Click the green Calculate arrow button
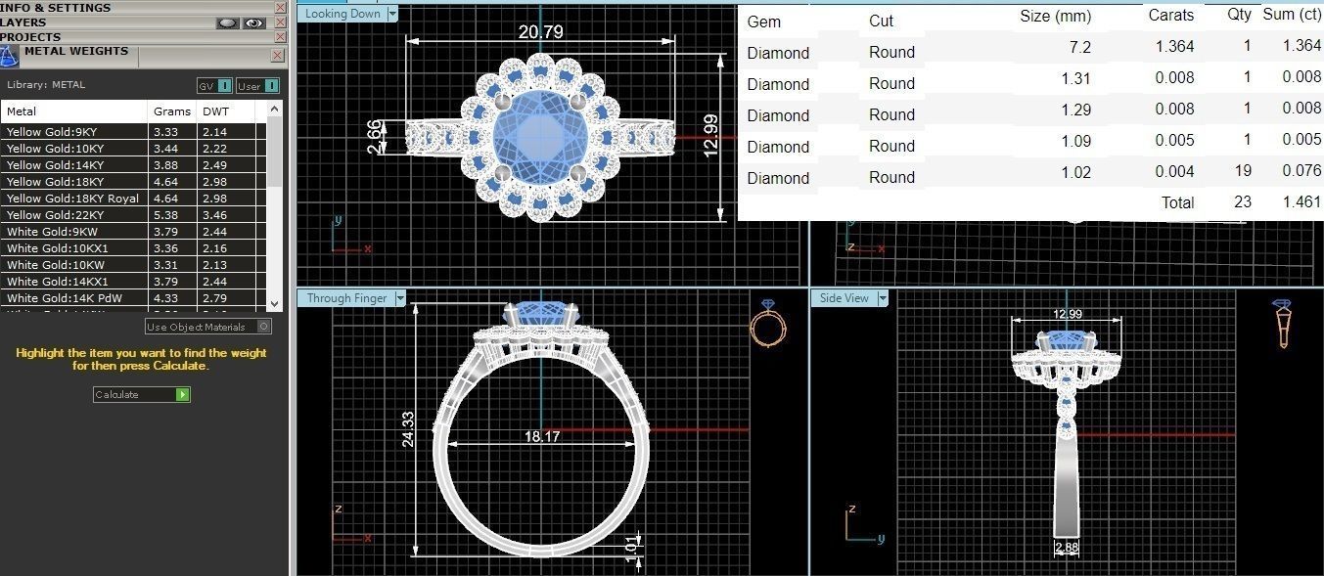click(182, 394)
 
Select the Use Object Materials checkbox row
click(207, 327)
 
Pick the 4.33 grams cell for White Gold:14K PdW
click(165, 298)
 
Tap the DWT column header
click(215, 111)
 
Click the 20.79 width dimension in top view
click(540, 32)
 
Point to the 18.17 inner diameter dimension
click(541, 436)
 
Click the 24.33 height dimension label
click(408, 428)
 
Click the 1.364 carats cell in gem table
click(1174, 47)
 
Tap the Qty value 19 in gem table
click(1242, 171)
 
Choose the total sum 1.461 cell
click(1301, 202)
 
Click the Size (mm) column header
click(1055, 17)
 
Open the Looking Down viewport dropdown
click(392, 14)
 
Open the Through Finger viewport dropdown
click(399, 298)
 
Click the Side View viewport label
click(843, 298)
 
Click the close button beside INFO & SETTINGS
click(281, 8)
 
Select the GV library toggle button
click(214, 86)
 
